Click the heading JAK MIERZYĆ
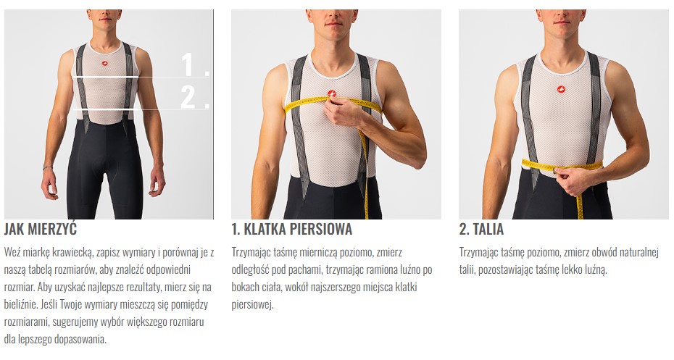[41, 229]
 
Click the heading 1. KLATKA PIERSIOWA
[292, 229]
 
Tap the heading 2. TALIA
[481, 229]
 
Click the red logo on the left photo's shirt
[105, 64]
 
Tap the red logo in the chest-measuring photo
[331, 93]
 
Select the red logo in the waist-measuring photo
[560, 89]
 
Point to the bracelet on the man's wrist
[47, 167]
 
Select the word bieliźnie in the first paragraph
[20, 304]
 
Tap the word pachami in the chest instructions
[306, 270]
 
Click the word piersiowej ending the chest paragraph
[253, 305]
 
